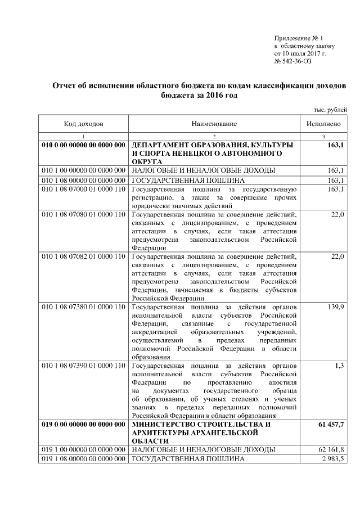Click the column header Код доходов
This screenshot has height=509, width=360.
coord(83,123)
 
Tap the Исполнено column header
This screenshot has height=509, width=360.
coord(323,123)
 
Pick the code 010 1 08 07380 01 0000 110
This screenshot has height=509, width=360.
coord(83,307)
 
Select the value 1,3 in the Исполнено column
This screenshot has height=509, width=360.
coord(339,366)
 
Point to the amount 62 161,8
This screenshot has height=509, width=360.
coord(332,449)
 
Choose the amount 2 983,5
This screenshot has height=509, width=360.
coord(333,460)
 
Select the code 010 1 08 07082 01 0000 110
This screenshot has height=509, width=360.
coord(83,256)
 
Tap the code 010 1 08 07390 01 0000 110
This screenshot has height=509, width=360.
coord(83,366)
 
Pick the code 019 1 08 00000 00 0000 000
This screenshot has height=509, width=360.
coord(83,460)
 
